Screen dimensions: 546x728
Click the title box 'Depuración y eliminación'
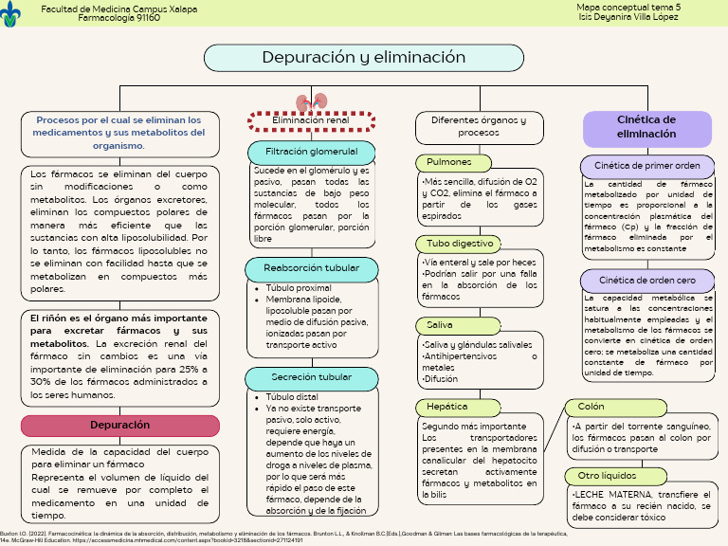pos(365,58)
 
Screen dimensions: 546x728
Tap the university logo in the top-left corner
pos(11,13)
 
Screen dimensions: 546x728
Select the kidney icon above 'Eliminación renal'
pos(311,102)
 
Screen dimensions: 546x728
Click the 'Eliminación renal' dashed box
pos(311,121)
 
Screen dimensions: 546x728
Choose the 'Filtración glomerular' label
pos(311,152)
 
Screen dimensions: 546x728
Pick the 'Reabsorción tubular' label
pos(311,268)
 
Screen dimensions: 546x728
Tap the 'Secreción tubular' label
pos(311,377)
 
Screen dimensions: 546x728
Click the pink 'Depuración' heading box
pos(119,426)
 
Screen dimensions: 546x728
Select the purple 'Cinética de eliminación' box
pos(646,127)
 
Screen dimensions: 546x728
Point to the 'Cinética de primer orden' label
pos(646,166)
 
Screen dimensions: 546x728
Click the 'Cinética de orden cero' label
pos(646,281)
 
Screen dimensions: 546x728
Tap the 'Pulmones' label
pos(448,162)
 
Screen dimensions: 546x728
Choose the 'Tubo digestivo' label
pos(459,244)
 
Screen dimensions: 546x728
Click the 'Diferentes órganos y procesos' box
pos(478,127)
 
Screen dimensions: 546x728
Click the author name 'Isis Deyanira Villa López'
pos(628,17)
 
